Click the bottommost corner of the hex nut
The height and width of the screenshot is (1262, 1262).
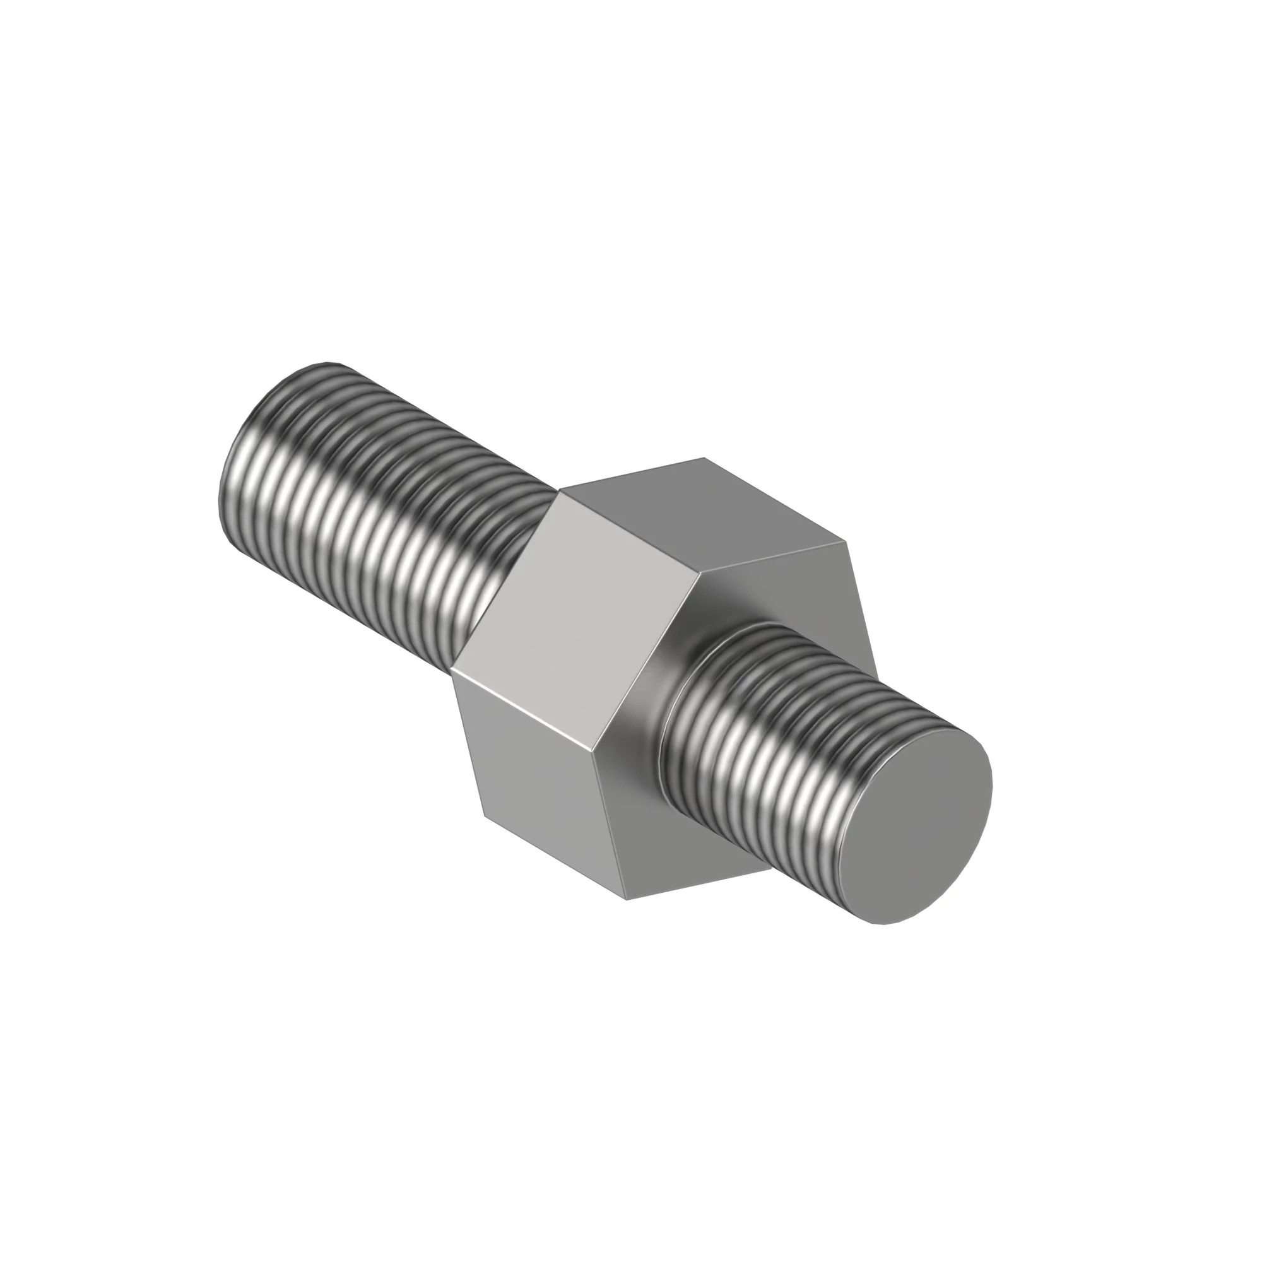pos(625,899)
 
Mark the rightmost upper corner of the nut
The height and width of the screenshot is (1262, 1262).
pos(847,541)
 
